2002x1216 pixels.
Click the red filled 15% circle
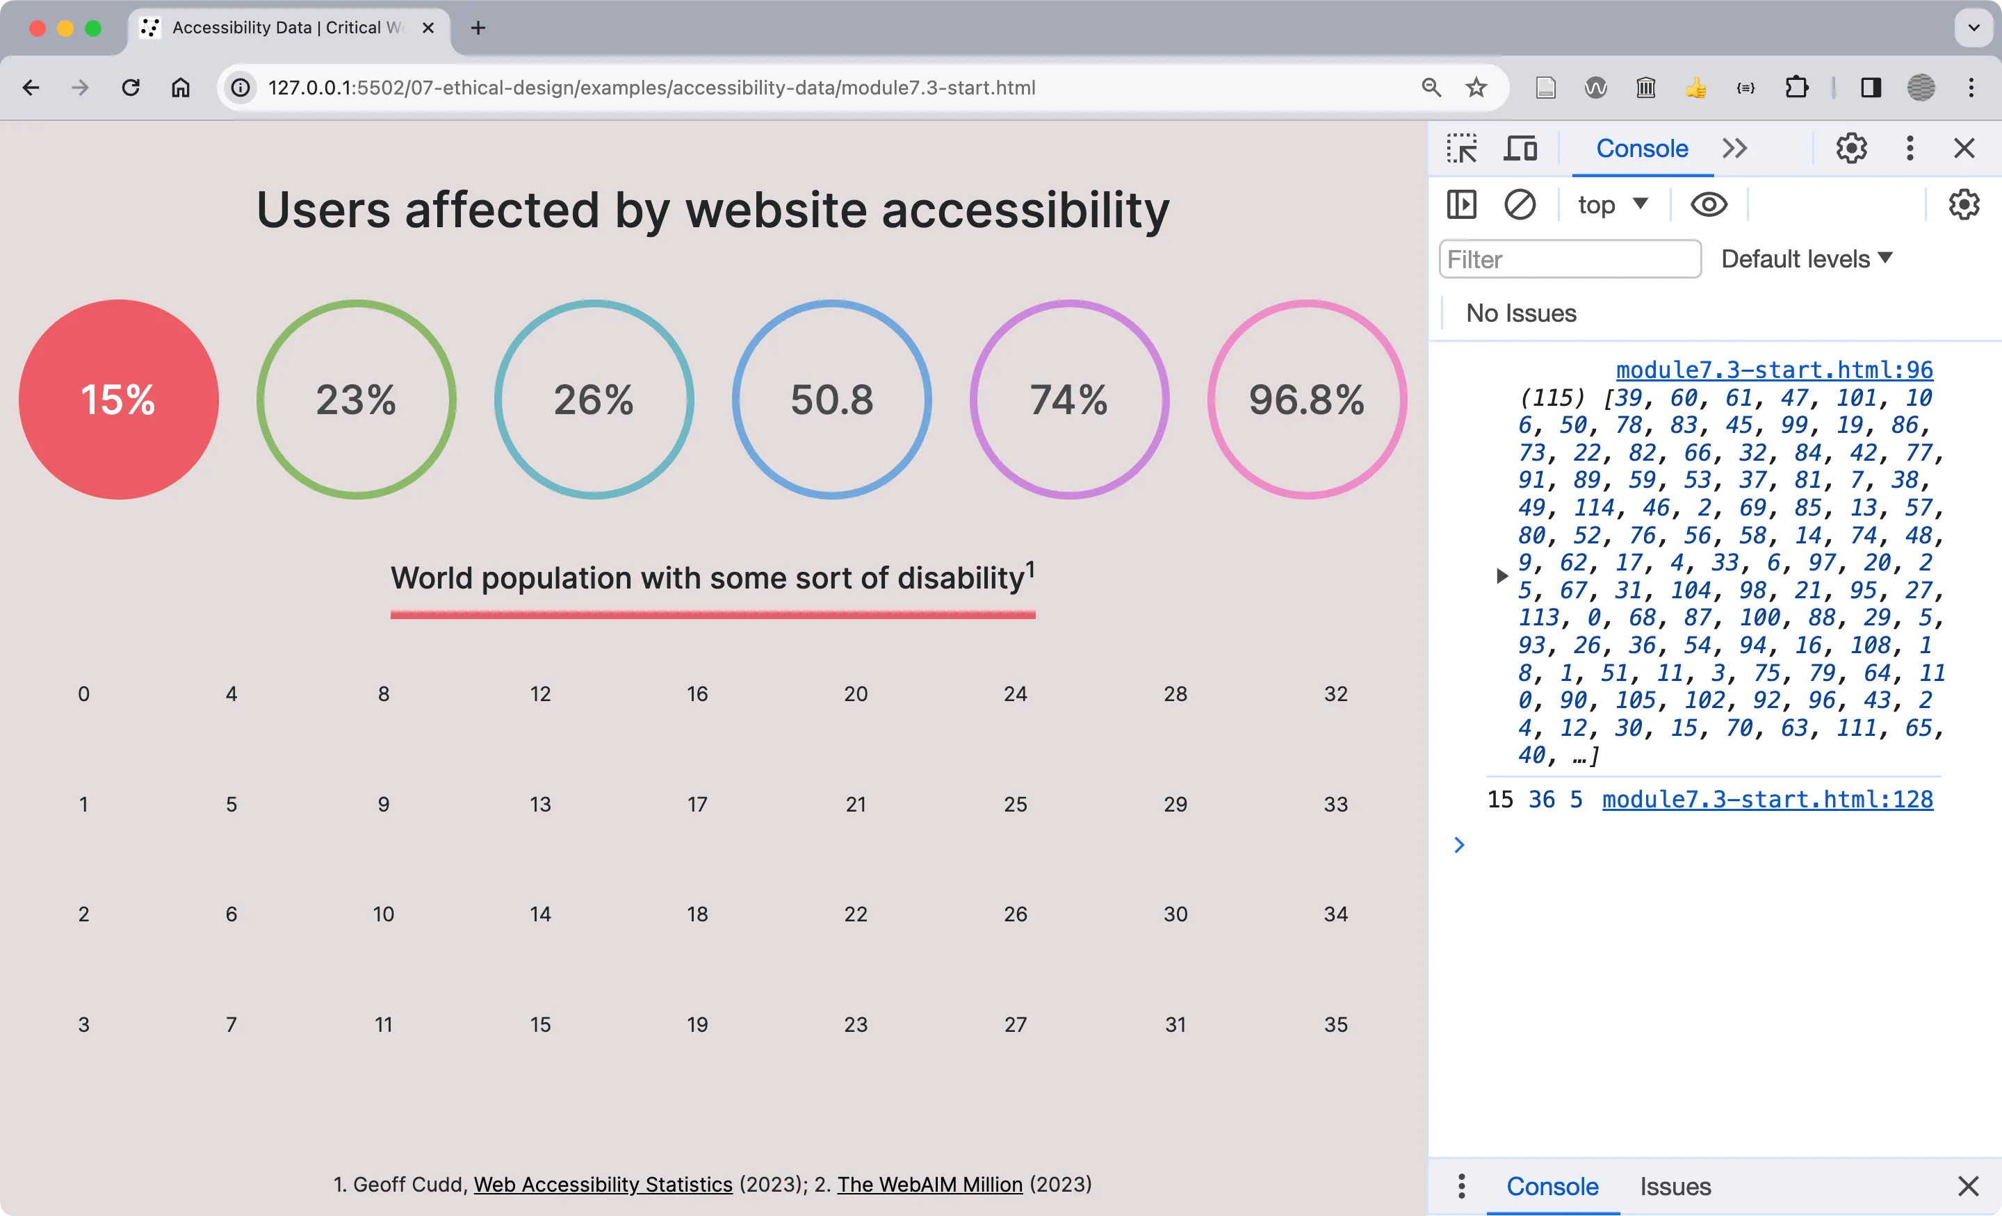119,400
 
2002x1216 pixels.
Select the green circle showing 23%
356,400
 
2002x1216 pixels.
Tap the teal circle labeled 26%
594,400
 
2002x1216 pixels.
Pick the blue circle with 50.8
831,400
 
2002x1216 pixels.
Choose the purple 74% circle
1069,400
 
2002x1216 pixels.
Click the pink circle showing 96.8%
1306,400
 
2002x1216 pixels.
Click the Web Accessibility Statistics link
603,1184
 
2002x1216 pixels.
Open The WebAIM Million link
929,1184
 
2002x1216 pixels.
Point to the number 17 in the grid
697,804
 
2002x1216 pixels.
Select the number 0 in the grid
83,694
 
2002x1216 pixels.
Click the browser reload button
131,88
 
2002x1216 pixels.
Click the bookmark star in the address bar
1476,88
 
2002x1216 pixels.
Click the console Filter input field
1570,259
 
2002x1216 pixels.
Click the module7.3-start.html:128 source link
1767,799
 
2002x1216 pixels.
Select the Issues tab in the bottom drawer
1675,1187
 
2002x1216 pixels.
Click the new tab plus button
478,28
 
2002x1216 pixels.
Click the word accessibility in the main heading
1025,211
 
